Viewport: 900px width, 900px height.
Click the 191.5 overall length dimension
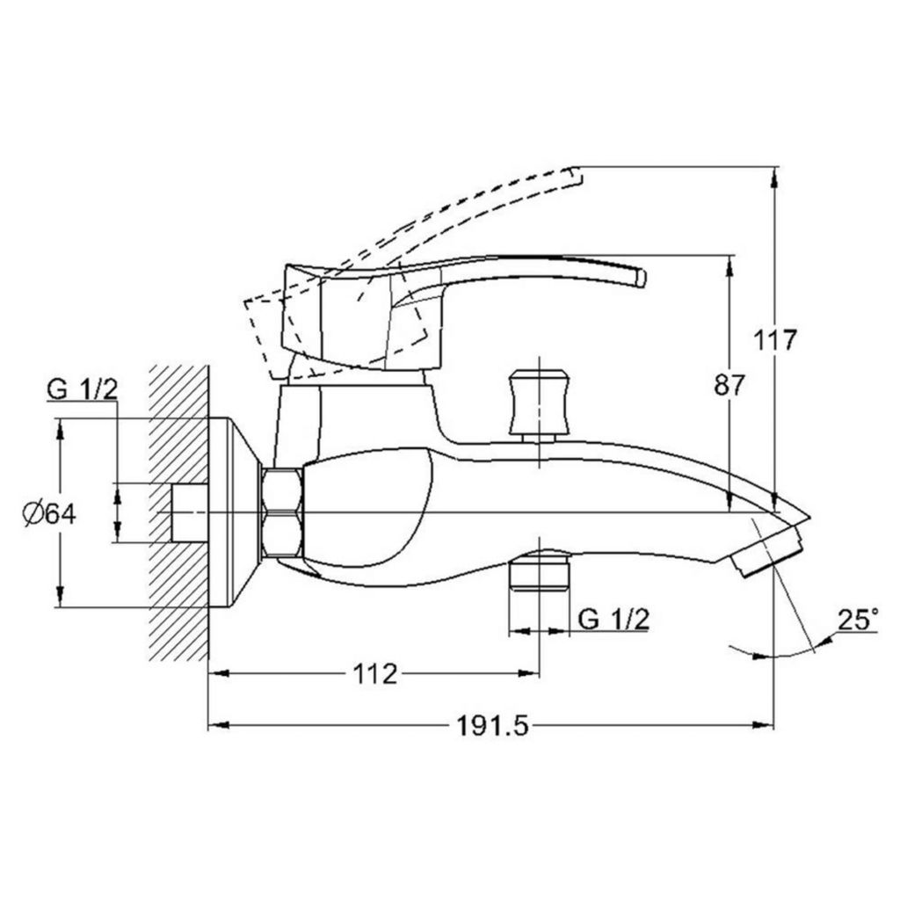tap(491, 726)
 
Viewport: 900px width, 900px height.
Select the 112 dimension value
tap(374, 673)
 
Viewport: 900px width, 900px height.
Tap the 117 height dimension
tap(775, 340)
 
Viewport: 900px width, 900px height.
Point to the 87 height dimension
tap(729, 385)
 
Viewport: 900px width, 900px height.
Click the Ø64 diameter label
tap(49, 512)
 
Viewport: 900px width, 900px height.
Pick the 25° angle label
tap(858, 620)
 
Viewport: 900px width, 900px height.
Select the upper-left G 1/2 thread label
tap(82, 389)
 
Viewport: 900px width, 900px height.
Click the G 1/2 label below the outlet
tap(613, 619)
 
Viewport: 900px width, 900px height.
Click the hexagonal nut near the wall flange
tap(282, 512)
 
